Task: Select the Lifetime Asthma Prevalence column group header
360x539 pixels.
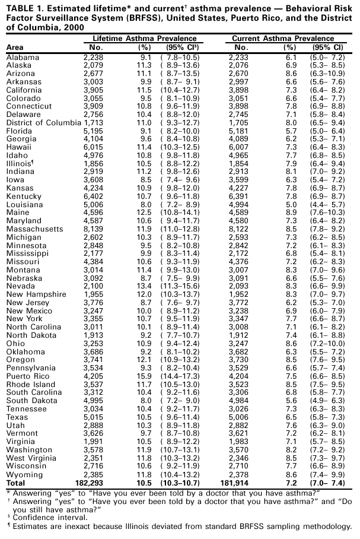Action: (x=141, y=37)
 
